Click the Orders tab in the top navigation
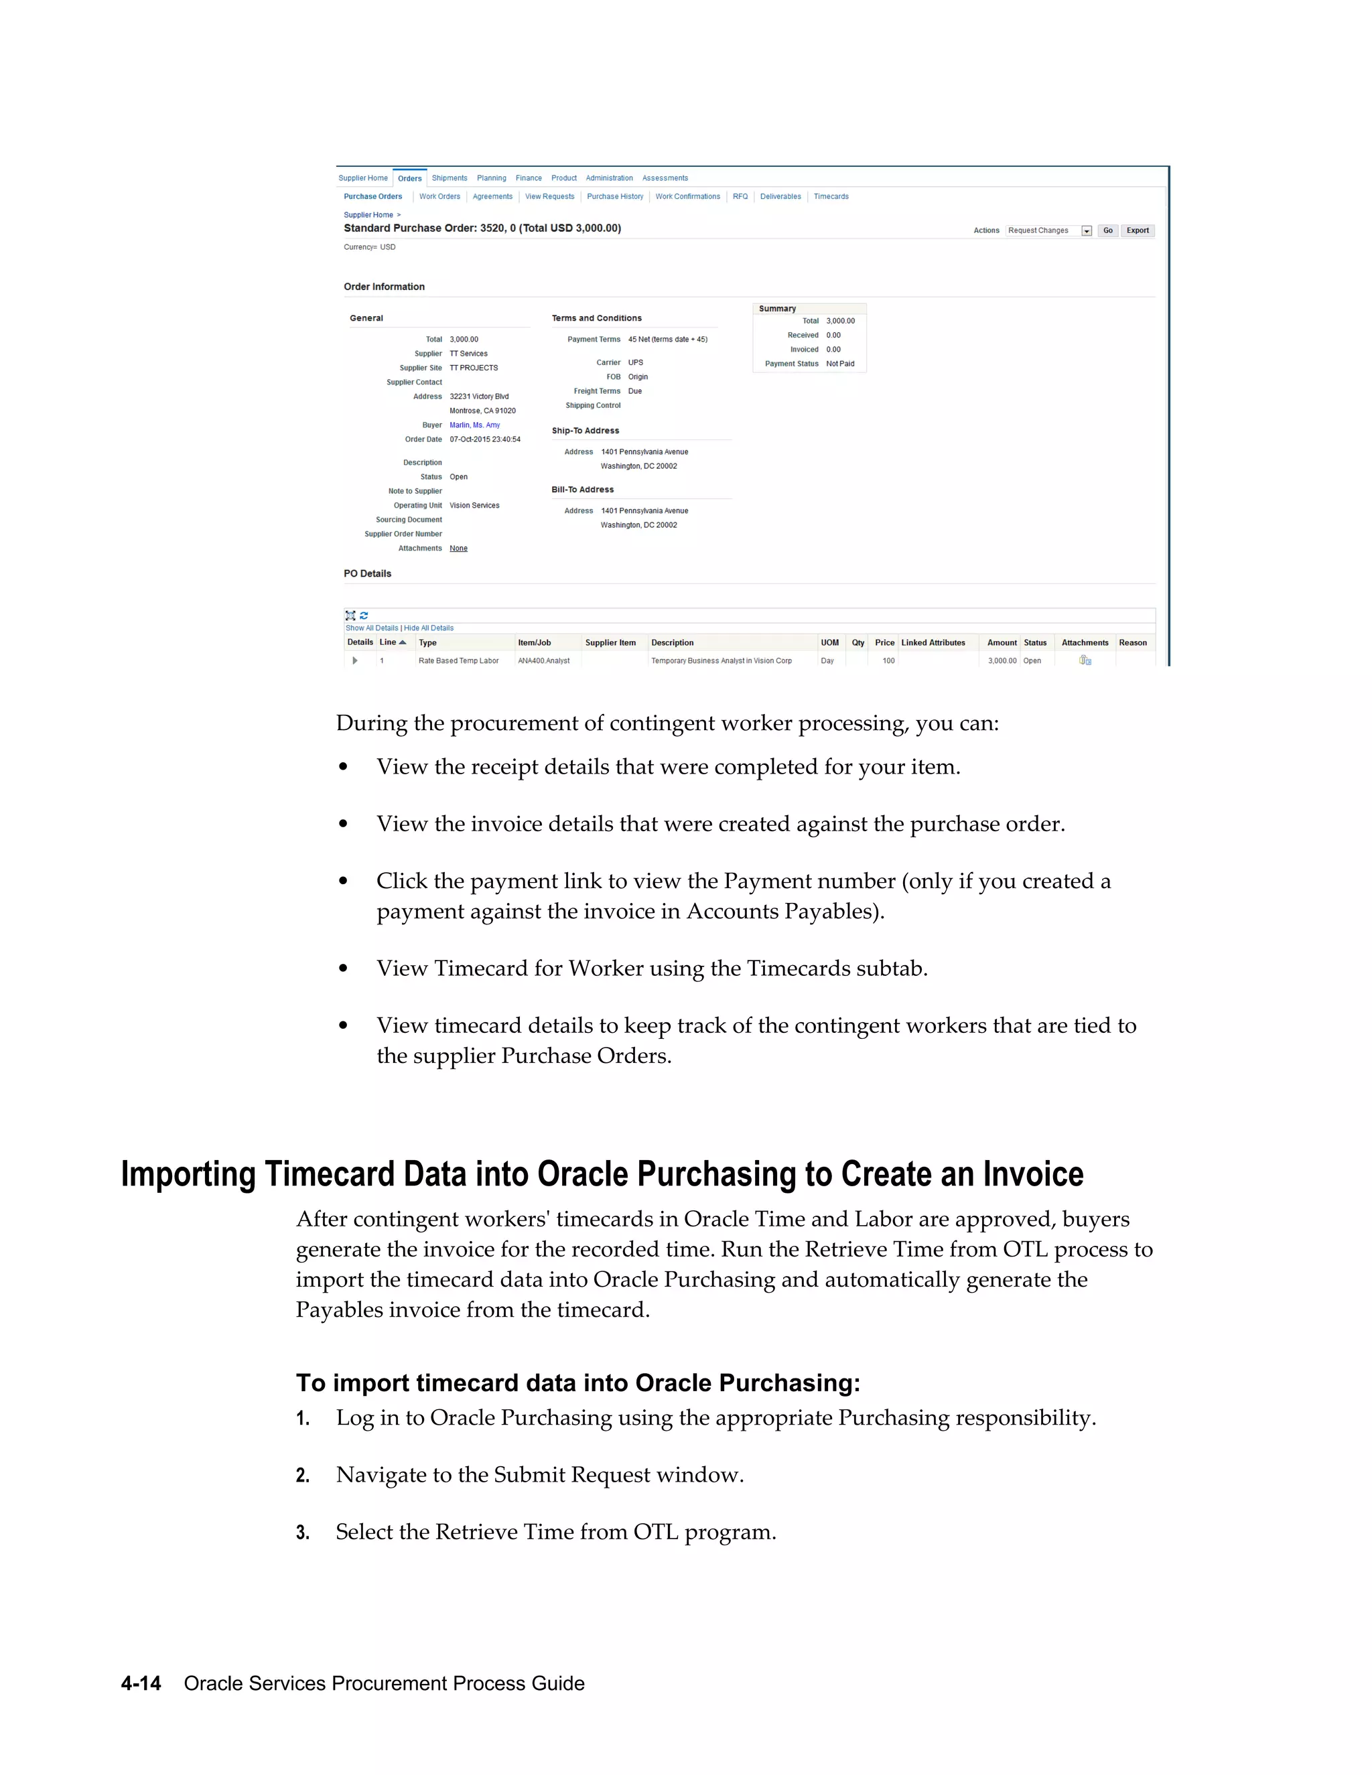coord(409,178)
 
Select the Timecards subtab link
coord(831,197)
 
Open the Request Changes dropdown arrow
coord(1087,231)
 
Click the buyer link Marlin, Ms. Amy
coord(475,425)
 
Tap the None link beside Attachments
coord(458,549)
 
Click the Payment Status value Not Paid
coord(839,364)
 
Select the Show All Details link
coord(371,628)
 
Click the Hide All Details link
coord(429,628)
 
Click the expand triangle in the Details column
coord(355,660)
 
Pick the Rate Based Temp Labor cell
coord(458,660)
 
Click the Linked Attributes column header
coord(933,643)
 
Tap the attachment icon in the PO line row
coord(1085,660)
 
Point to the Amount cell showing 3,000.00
coord(1002,660)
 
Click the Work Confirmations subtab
coord(687,197)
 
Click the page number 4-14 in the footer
coord(141,1683)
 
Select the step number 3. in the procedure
coord(302,1533)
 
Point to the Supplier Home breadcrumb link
coord(368,216)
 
